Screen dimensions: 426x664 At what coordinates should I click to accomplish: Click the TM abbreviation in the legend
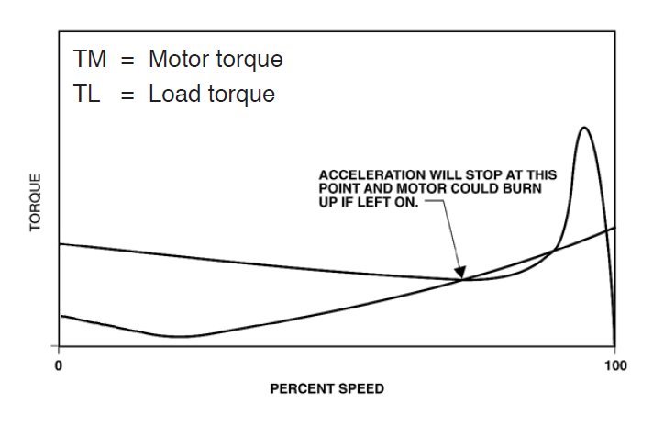pos(90,60)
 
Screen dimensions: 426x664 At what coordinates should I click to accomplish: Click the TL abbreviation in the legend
pos(87,95)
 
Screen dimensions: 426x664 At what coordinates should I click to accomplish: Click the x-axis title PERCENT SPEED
pos(326,388)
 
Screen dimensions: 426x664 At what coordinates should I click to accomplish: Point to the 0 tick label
pos(59,364)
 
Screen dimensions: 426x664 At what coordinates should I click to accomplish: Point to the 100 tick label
pos(614,364)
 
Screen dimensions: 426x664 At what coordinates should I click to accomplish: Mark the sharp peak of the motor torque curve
pos(583,128)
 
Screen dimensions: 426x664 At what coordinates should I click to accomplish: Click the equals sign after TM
pos(127,61)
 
